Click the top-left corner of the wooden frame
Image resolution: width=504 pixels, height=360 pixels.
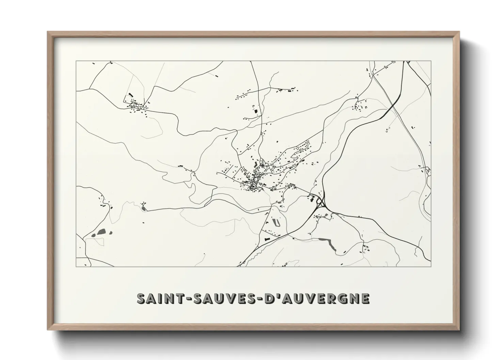(x=48, y=32)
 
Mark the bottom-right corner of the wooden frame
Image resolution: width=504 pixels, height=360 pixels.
(x=459, y=330)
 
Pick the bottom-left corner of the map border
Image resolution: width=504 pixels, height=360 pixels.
(x=76, y=266)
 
